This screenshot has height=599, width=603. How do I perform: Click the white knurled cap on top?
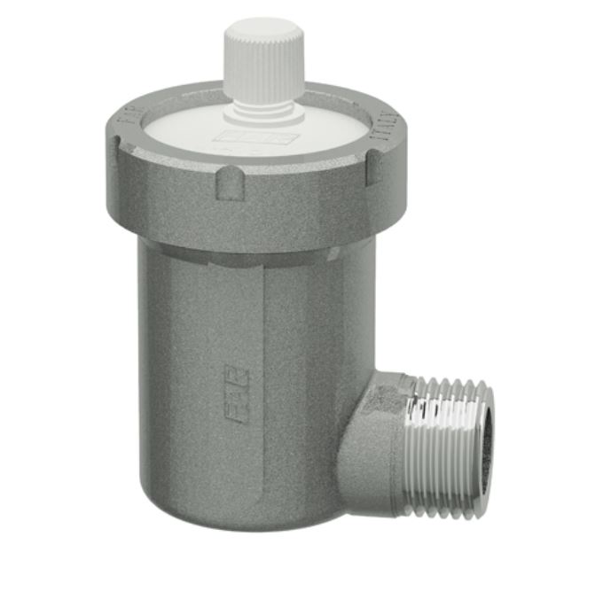point(263,66)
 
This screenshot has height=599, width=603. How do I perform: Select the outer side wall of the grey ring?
point(177,208)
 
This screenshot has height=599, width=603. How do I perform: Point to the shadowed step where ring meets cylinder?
point(248,253)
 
